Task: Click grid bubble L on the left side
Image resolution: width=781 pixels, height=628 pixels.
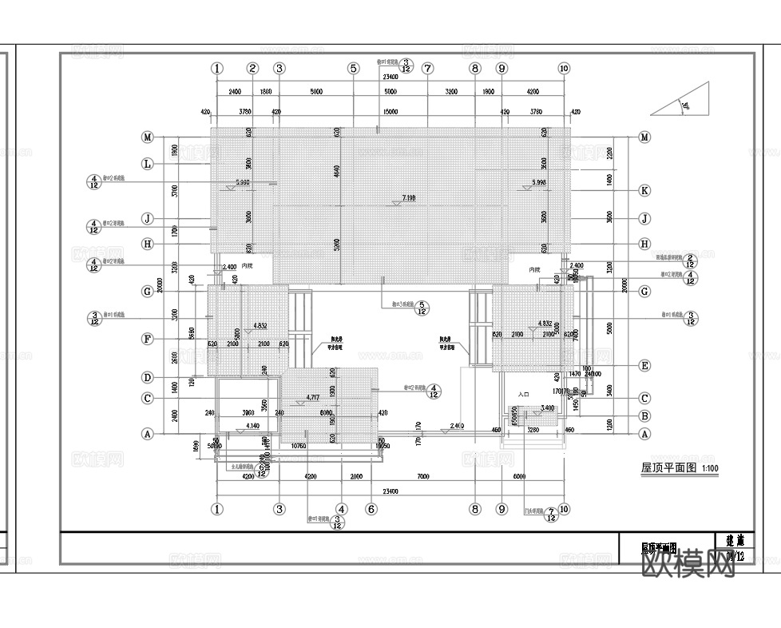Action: click(147, 164)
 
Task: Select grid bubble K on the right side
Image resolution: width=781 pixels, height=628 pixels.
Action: click(644, 190)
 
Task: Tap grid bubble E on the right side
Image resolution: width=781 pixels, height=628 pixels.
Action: click(644, 366)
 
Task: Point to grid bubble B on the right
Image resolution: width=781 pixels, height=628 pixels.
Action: click(644, 415)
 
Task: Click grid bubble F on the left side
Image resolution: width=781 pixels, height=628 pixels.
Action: click(147, 339)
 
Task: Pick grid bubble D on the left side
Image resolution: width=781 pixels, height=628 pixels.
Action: click(147, 377)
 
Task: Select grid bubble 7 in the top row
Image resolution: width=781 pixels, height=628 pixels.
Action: click(428, 69)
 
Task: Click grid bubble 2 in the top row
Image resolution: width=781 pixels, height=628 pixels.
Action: click(252, 69)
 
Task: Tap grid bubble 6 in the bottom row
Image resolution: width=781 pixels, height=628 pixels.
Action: click(371, 508)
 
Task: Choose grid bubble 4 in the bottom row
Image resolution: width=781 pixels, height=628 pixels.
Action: click(341, 508)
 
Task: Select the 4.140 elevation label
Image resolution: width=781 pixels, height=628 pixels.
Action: click(253, 427)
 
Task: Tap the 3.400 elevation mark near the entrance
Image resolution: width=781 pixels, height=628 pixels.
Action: click(547, 408)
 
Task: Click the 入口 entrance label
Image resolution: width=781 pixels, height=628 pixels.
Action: click(524, 395)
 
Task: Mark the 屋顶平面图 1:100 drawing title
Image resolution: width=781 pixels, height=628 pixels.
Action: click(676, 468)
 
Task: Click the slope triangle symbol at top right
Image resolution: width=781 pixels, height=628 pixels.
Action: click(683, 101)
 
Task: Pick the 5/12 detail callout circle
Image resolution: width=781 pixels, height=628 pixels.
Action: click(422, 308)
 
